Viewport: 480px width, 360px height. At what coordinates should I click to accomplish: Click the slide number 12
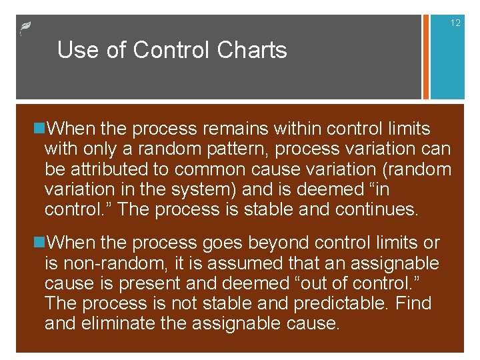[455, 23]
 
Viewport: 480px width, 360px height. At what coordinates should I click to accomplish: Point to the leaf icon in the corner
[25, 28]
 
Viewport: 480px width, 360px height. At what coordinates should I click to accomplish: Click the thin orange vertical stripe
[423, 57]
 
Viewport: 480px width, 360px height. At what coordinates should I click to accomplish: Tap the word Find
[414, 304]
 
